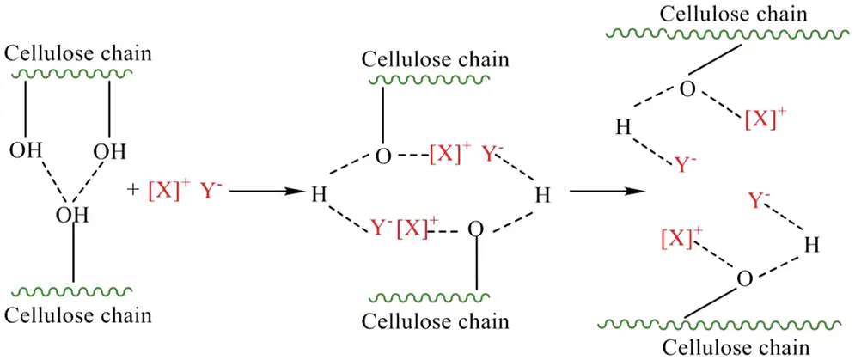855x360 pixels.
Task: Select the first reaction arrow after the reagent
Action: pyautogui.click(x=264, y=192)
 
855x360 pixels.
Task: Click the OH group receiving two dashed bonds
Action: pyautogui.click(x=72, y=215)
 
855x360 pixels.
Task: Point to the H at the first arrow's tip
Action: pyautogui.click(x=318, y=195)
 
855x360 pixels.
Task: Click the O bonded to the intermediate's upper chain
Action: pyautogui.click(x=382, y=157)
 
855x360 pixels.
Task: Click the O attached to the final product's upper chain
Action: pyautogui.click(x=687, y=88)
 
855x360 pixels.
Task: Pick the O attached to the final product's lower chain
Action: pyautogui.click(x=744, y=279)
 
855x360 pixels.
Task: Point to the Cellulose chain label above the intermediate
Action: pyautogui.click(x=437, y=59)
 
